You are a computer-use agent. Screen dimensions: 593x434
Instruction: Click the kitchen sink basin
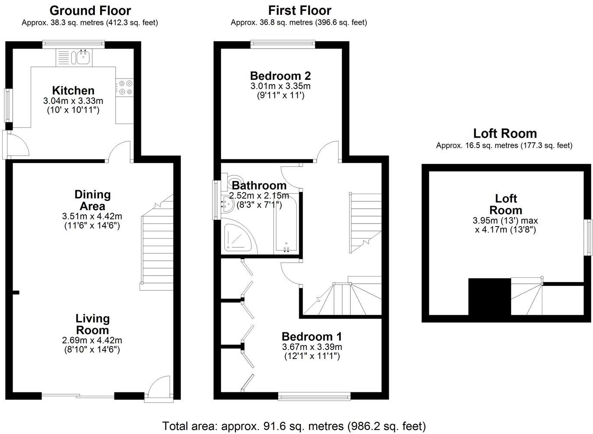84,58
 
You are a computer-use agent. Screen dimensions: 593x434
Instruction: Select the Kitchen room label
73,91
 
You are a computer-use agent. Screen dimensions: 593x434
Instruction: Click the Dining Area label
92,200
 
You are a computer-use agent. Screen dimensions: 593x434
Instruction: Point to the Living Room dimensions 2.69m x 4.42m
92,340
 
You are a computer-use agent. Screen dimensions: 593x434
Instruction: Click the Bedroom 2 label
280,76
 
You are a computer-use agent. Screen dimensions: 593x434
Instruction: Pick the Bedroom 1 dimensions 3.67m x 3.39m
312,346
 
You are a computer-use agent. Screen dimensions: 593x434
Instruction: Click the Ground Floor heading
90,11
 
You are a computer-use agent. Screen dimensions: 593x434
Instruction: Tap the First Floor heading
300,10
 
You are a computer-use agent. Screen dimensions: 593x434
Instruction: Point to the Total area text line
294,426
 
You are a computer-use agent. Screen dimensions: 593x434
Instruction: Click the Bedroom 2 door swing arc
327,151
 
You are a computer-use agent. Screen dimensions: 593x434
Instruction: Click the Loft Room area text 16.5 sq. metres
504,145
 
